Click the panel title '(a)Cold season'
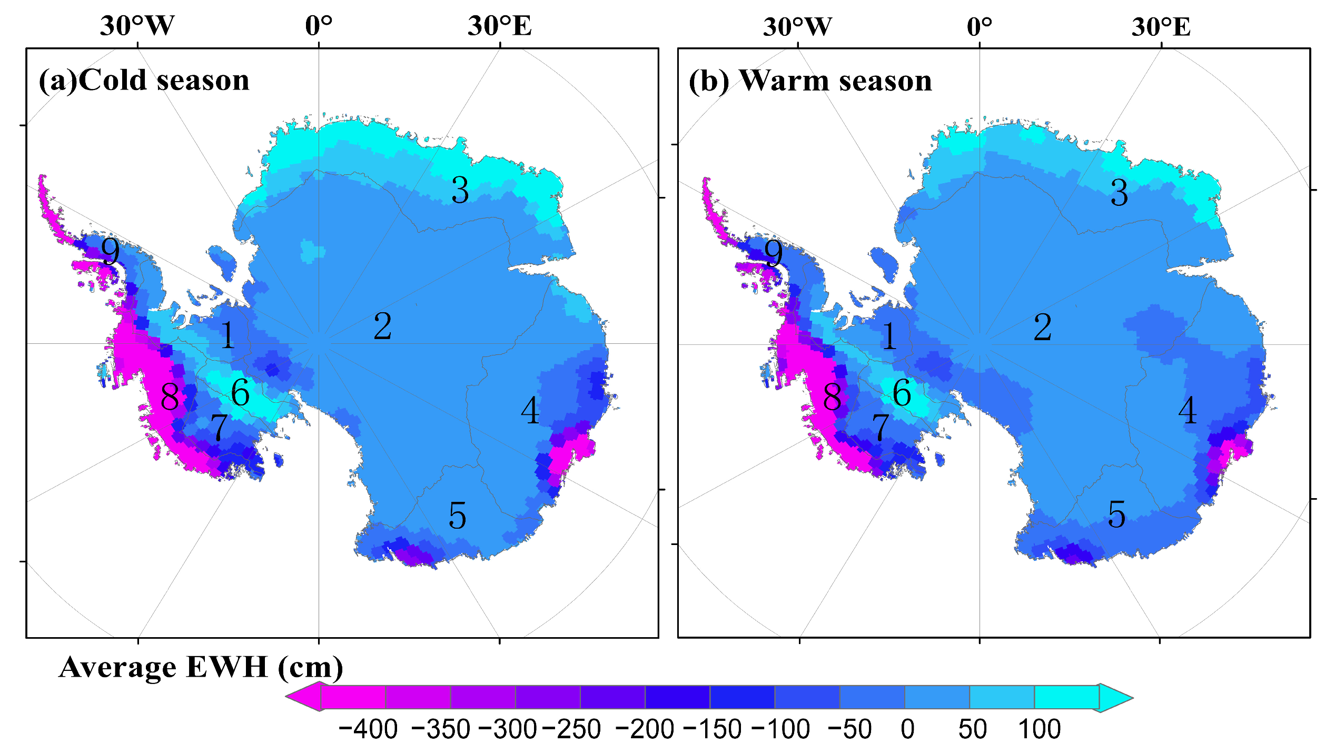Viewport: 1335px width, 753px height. [x=144, y=81]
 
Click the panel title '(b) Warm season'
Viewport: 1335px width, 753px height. [x=810, y=81]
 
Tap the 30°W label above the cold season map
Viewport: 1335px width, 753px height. [x=137, y=26]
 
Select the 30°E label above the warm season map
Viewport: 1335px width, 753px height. [x=1161, y=26]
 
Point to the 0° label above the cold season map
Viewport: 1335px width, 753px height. [x=319, y=26]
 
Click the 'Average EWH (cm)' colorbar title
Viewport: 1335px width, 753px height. [x=201, y=667]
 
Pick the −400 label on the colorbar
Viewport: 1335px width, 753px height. [x=368, y=729]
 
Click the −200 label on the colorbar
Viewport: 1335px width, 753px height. [x=645, y=729]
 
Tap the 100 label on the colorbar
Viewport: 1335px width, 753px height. [x=1039, y=729]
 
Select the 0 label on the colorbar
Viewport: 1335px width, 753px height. [x=907, y=729]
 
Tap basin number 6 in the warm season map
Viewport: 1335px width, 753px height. [x=902, y=393]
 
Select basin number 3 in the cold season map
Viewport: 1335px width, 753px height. [x=460, y=190]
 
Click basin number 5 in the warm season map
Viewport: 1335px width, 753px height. [x=1116, y=514]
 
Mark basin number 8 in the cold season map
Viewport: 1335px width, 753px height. [x=170, y=397]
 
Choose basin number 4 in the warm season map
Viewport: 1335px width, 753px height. [x=1187, y=410]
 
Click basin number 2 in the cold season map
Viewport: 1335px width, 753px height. [x=382, y=326]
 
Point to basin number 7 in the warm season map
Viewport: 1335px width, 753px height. [x=881, y=428]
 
